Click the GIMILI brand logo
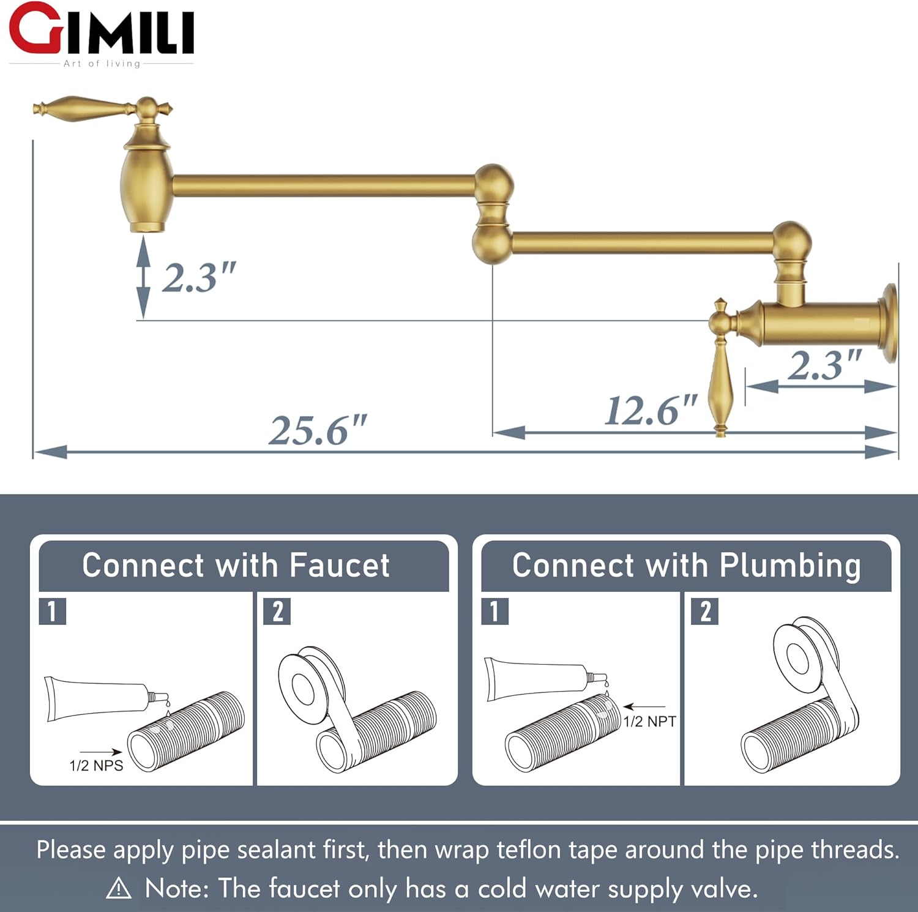102,34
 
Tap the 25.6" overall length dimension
318,430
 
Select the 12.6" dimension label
651,410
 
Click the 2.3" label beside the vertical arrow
198,277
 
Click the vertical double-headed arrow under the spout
143,277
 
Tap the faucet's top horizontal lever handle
86,108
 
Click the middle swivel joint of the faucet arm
493,214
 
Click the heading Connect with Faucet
236,565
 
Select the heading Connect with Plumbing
686,565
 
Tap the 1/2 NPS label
96,765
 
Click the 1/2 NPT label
650,721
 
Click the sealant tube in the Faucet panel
98,698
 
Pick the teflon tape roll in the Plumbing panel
802,658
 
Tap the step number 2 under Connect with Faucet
277,611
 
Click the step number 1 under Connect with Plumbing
494,611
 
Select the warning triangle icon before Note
119,888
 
